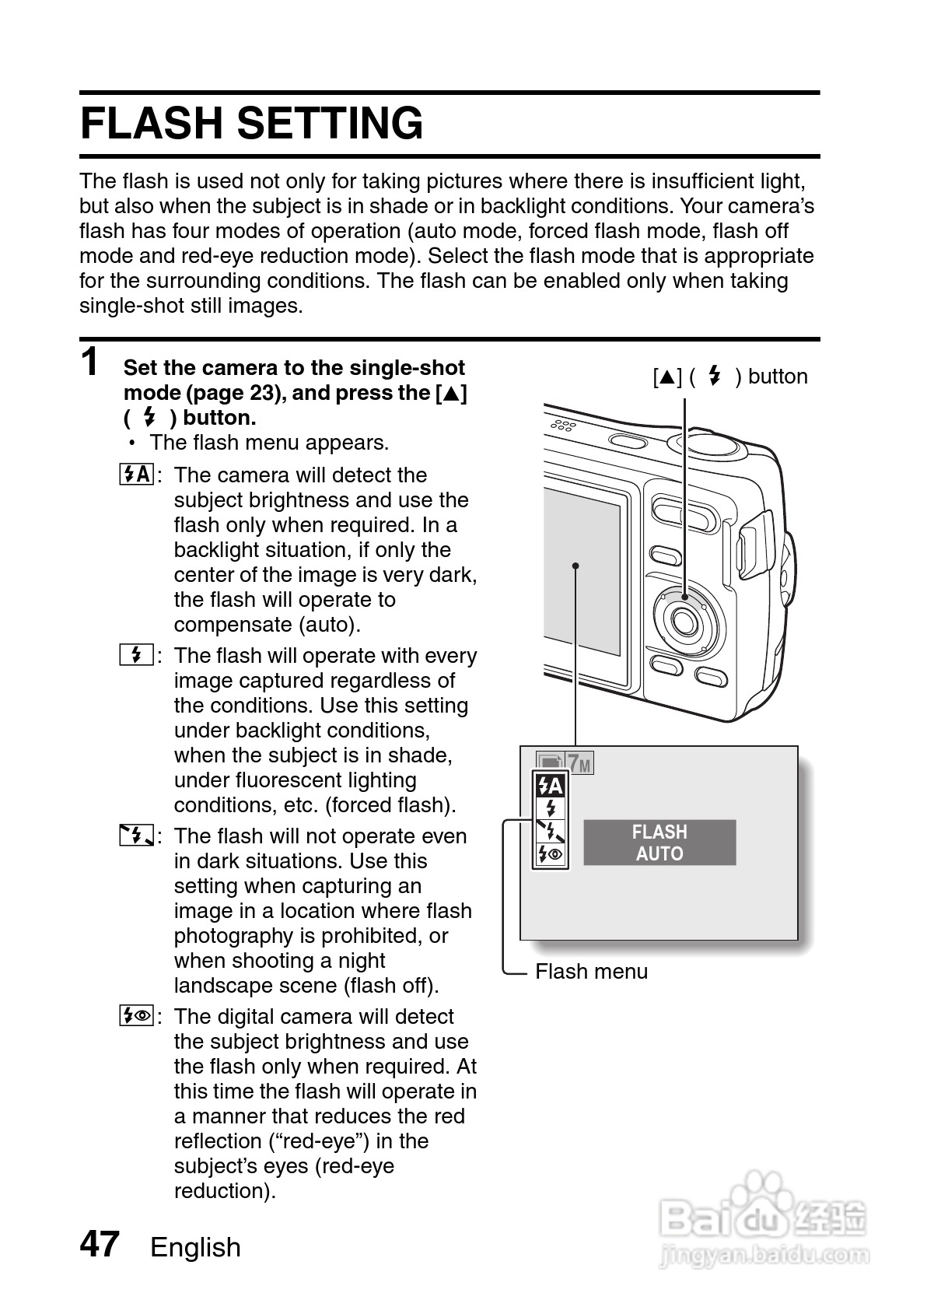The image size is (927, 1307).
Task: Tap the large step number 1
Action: [x=91, y=363]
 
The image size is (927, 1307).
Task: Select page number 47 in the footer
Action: [x=100, y=1244]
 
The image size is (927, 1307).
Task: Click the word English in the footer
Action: [x=195, y=1247]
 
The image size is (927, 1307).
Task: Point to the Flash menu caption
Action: [x=591, y=972]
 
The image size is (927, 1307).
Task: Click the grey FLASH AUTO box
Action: [x=659, y=843]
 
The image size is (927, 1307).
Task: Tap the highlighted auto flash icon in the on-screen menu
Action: [x=551, y=786]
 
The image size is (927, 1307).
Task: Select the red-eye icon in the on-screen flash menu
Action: [x=551, y=854]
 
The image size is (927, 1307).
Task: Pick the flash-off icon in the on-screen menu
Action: [x=551, y=831]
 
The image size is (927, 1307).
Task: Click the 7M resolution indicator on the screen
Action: [x=579, y=764]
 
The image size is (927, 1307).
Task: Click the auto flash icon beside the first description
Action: [x=137, y=475]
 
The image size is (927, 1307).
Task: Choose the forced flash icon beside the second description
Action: [x=137, y=655]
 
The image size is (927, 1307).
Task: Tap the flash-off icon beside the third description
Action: [x=137, y=836]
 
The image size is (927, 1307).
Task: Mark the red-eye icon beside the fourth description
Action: [x=137, y=1016]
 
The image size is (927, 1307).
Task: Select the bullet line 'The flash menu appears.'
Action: [x=269, y=443]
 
